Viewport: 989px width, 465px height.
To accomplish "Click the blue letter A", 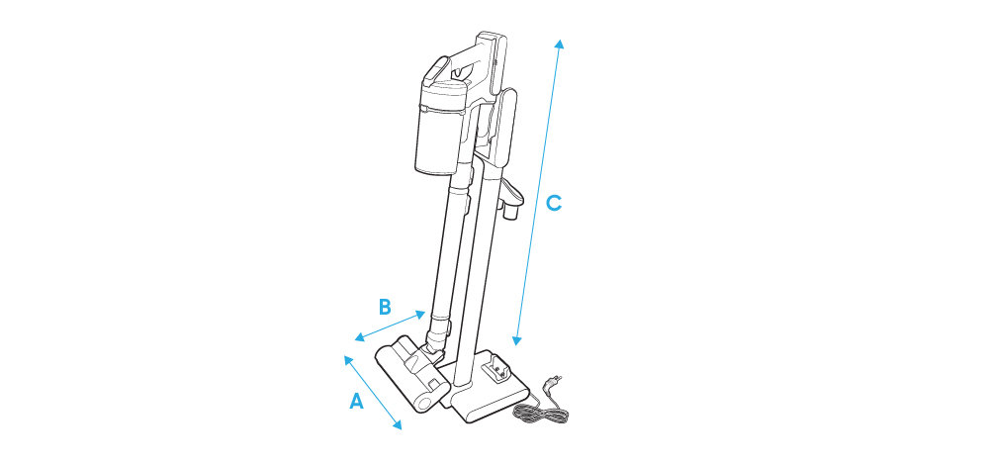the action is coord(356,401).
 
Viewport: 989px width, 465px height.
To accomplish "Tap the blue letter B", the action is coord(385,308).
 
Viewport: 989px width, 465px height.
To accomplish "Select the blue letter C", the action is coord(553,203).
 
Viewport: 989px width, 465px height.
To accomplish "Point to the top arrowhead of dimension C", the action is coord(558,43).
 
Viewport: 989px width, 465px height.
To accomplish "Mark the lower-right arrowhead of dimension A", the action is coord(398,425).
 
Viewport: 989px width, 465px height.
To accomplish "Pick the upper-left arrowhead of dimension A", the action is coord(347,360).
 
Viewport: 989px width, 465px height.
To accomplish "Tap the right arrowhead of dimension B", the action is coord(421,314).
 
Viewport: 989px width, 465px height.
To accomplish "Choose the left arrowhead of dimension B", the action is coord(359,338).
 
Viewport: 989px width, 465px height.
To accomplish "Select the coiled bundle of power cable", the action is coord(540,414).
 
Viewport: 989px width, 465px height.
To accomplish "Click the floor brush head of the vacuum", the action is coord(411,374).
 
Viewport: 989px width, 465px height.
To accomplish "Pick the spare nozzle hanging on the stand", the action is coord(511,200).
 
